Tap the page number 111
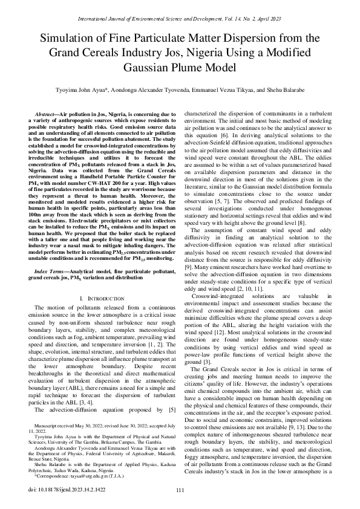coord(180,490)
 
